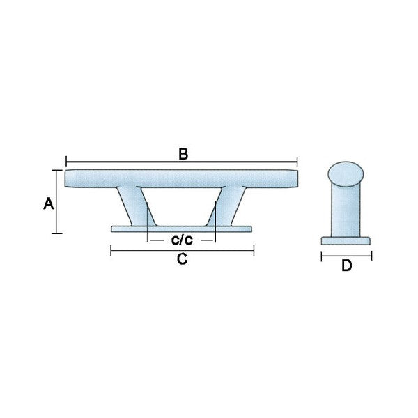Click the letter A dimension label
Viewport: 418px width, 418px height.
tap(49, 204)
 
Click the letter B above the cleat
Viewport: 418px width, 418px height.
tap(183, 154)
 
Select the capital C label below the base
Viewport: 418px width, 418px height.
tap(183, 258)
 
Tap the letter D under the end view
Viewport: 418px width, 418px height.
tap(346, 265)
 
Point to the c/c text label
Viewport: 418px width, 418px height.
tap(182, 240)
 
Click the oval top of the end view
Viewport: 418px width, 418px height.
tap(346, 174)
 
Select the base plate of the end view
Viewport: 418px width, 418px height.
tap(346, 241)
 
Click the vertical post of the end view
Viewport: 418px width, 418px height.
tap(346, 210)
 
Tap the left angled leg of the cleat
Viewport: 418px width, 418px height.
tap(136, 206)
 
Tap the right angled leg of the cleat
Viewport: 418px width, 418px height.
tap(226, 206)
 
